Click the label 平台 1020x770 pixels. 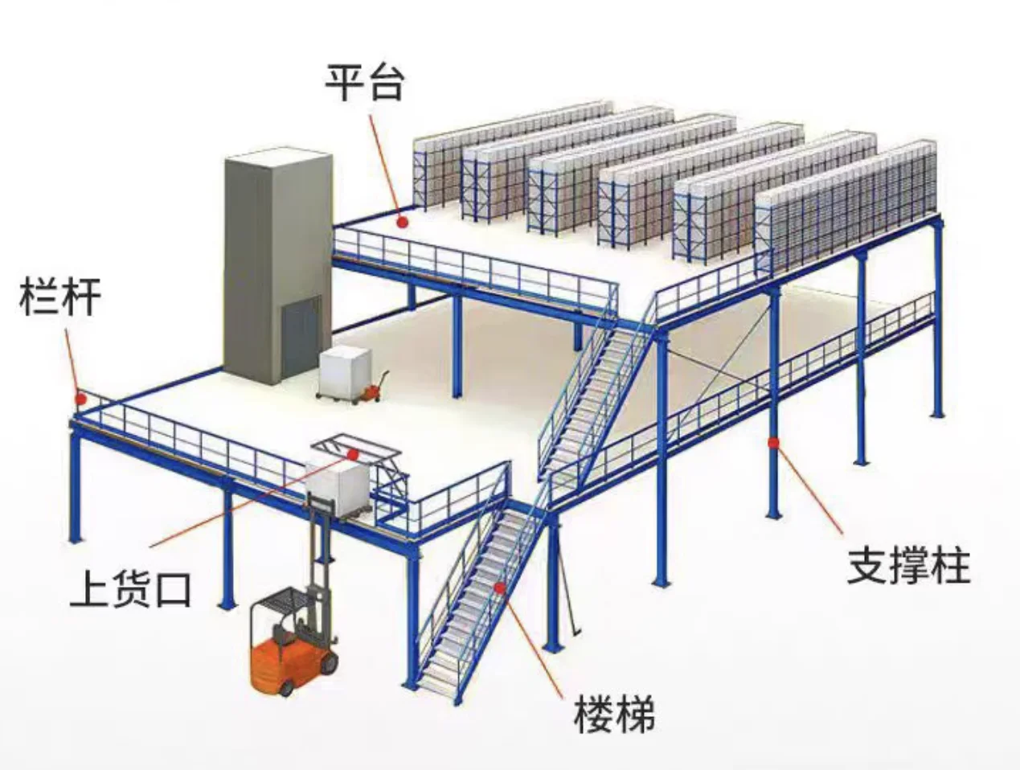363,82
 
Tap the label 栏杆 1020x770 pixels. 59,296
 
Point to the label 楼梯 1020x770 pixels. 614,714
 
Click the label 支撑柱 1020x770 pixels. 909,565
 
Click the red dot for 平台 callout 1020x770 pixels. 403,220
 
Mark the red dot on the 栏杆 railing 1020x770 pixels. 80,397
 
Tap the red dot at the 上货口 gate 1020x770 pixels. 352,453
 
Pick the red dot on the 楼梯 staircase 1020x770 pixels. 500,588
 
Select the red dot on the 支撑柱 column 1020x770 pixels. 773,441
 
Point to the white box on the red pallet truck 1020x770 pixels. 346,371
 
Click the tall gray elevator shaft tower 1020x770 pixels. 277,257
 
